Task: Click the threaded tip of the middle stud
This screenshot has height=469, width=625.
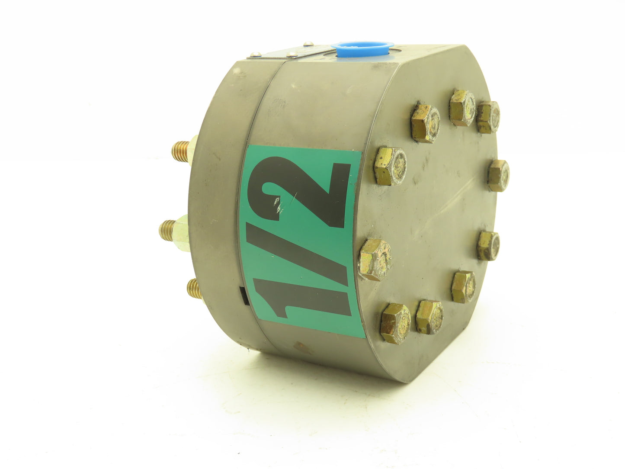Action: point(167,228)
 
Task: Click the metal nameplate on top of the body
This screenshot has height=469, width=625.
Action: point(285,52)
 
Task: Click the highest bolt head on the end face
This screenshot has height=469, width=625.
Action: point(462,108)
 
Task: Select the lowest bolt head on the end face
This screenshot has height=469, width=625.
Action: point(395,323)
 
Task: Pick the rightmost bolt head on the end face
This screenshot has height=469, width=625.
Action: point(498,176)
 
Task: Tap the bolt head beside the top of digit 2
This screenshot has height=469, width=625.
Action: point(390,166)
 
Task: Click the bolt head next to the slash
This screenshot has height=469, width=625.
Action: point(375,260)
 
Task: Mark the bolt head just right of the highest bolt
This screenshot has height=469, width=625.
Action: point(488,117)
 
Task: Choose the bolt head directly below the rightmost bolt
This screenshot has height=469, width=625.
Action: point(488,246)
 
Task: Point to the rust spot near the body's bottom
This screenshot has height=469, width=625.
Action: point(299,347)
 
